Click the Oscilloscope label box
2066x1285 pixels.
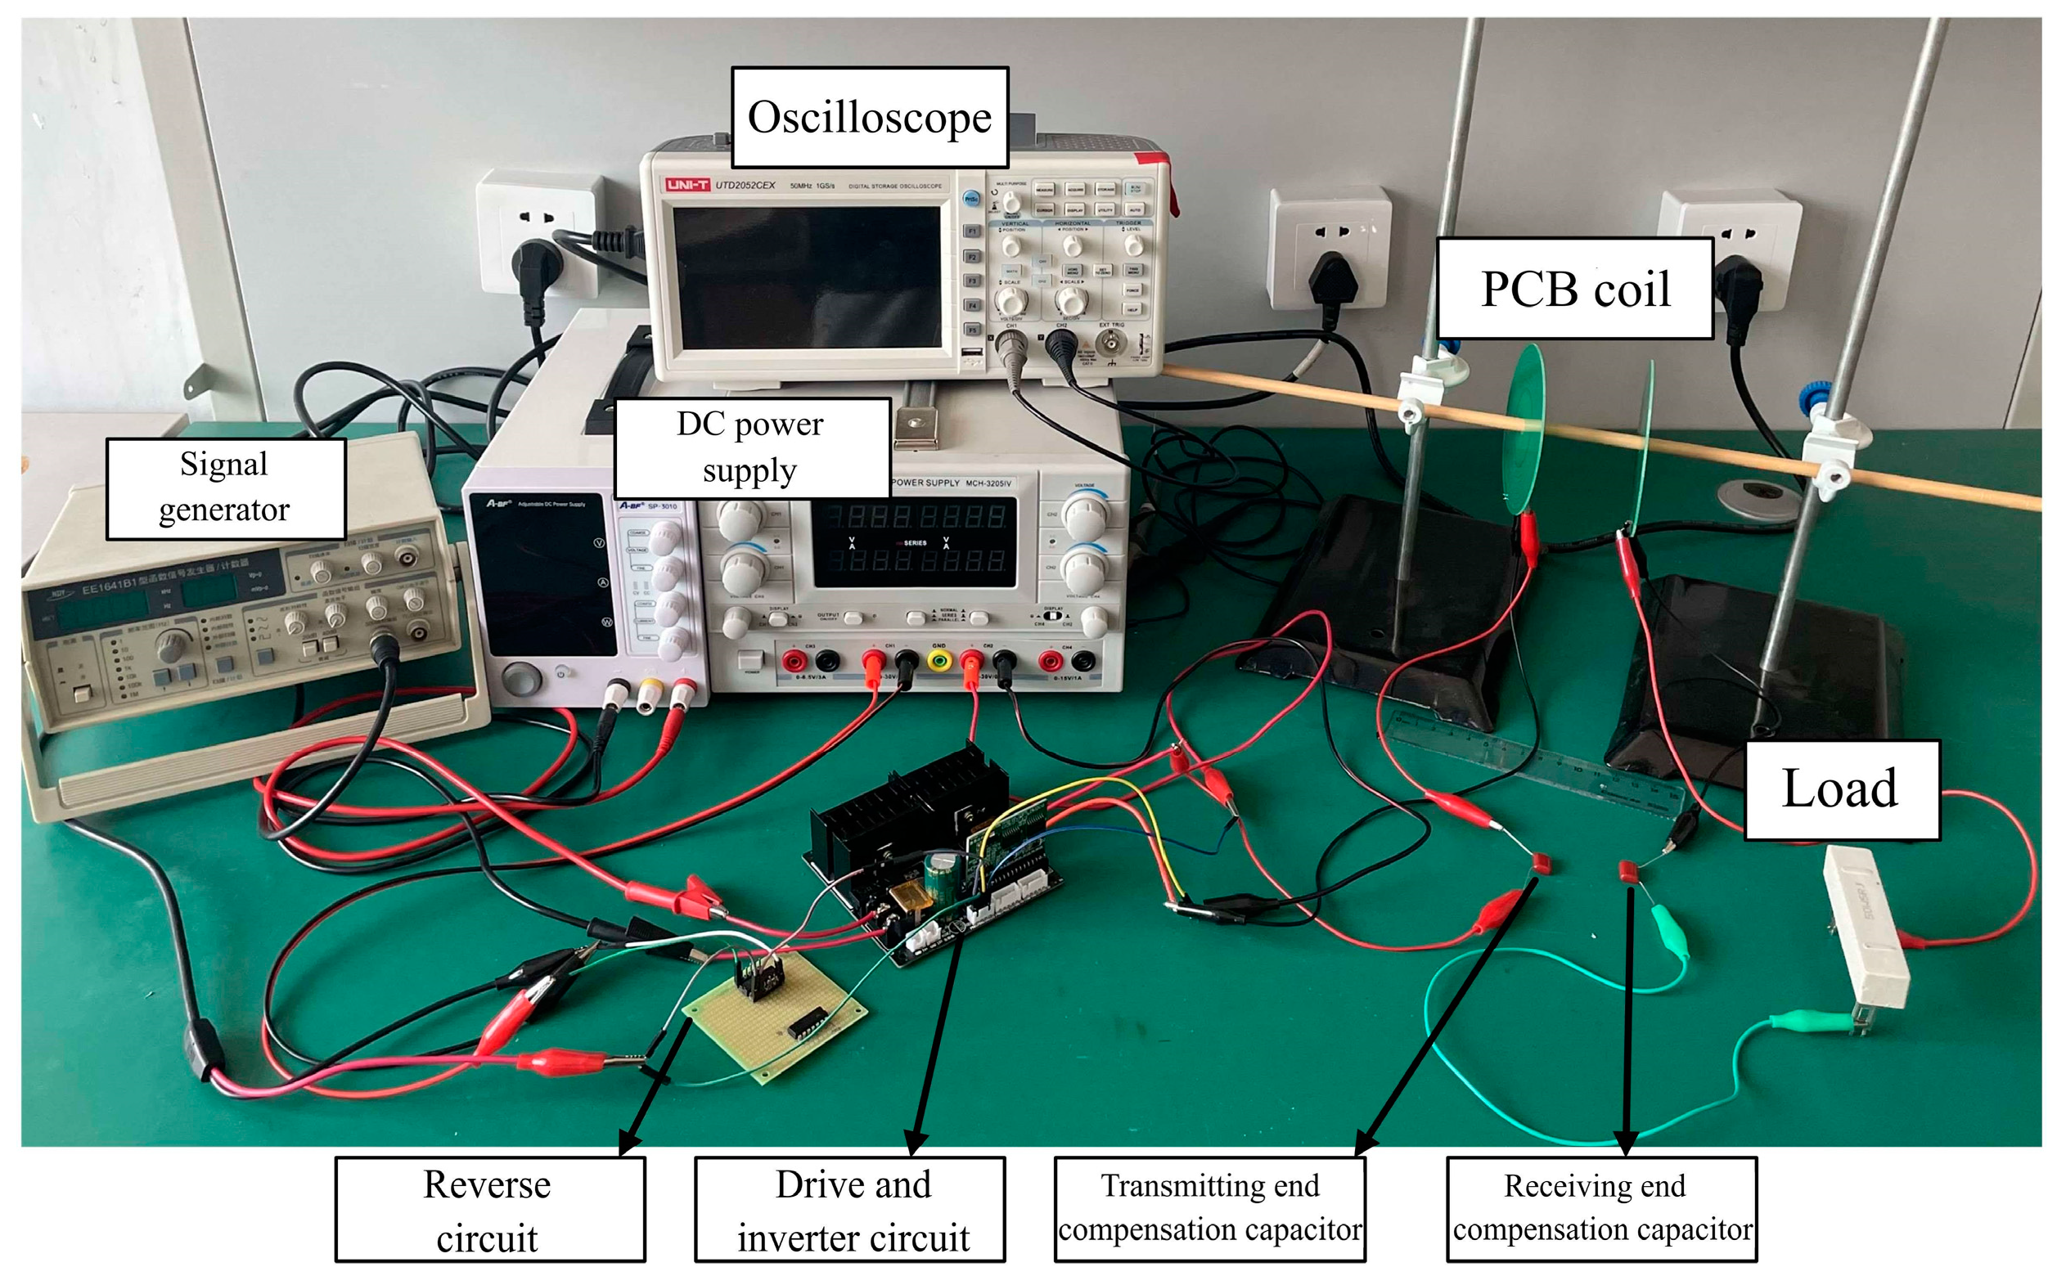tap(869, 117)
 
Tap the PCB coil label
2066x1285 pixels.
tap(1573, 289)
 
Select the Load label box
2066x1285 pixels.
tap(1841, 789)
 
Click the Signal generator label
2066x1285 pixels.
tap(225, 487)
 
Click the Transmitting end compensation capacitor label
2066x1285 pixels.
tap(1209, 1207)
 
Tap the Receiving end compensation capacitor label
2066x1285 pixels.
tap(1601, 1207)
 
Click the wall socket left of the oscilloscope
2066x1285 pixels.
tap(538, 230)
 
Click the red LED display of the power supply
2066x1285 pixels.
tap(915, 539)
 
